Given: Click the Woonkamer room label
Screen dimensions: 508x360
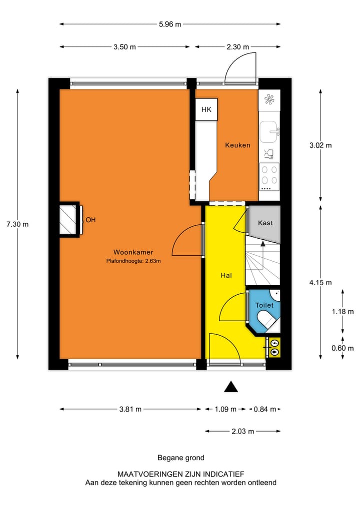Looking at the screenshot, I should pos(133,252).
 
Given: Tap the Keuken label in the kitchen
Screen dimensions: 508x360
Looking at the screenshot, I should pos(237,145).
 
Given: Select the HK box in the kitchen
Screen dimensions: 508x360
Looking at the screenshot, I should pos(206,110).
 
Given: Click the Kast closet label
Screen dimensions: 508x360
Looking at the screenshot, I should pos(265,223).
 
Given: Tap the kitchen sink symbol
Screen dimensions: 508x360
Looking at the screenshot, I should pos(269,131).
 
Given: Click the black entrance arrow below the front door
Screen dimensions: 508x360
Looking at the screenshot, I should pos(230,387).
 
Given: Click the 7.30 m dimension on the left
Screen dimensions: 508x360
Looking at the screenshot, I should pos(17,224).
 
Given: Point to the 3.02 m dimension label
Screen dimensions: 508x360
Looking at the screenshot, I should pos(320,145).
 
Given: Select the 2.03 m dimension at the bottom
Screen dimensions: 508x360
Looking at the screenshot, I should pos(242,431).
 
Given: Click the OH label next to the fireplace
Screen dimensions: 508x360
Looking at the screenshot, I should pos(90,219).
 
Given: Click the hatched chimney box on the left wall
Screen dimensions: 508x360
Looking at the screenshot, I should pos(68,219).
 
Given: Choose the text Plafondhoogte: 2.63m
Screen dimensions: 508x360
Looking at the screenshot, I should pos(133,261).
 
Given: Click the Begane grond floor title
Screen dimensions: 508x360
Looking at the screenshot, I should pos(180,458).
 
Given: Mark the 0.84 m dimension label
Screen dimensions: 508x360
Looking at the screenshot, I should pos(264,409).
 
